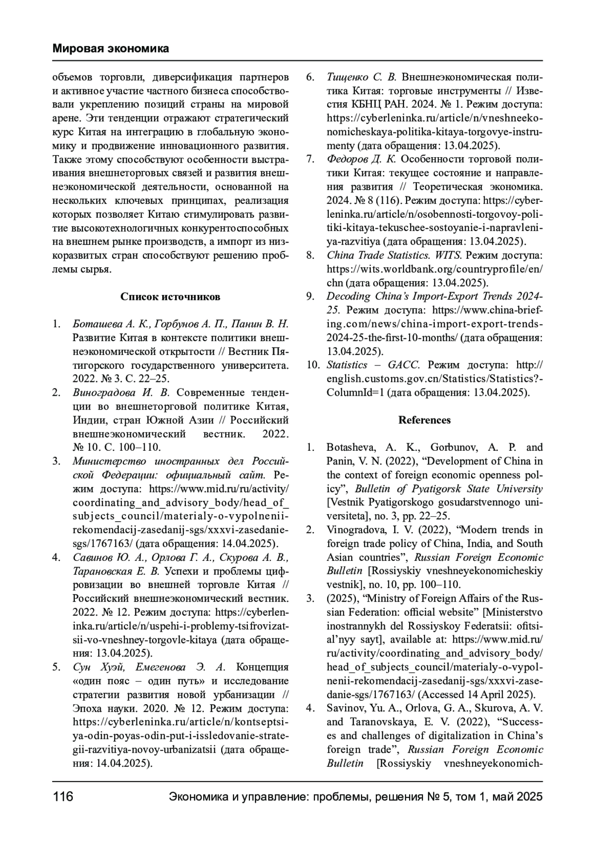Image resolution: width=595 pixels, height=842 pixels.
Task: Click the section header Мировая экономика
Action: tap(111, 49)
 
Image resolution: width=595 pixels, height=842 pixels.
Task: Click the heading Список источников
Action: tap(170, 297)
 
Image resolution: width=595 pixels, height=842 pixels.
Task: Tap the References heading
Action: tap(424, 420)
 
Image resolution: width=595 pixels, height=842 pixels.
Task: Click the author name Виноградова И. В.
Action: tap(121, 393)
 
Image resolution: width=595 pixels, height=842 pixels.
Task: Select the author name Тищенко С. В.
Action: tap(361, 77)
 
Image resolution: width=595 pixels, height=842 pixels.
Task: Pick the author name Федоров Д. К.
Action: tap(361, 159)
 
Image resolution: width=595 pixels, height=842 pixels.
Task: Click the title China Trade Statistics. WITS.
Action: tap(394, 255)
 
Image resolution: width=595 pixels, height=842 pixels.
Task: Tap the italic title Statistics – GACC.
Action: tap(373, 365)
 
